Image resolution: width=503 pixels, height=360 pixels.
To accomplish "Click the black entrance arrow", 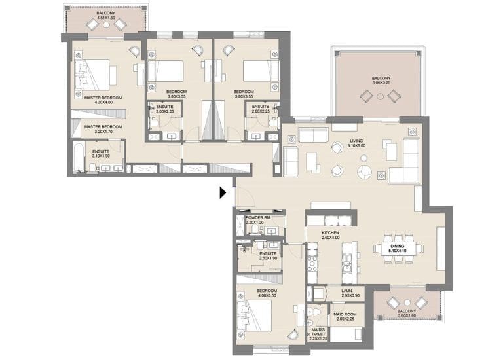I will tap(223, 192).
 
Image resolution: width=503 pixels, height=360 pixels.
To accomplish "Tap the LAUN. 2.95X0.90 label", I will tap(348, 293).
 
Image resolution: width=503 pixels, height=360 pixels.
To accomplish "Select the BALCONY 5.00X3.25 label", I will tap(381, 82).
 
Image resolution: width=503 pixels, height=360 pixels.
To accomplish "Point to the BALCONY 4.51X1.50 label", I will tap(107, 15).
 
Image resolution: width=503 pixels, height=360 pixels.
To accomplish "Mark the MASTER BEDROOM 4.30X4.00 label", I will tap(98, 100).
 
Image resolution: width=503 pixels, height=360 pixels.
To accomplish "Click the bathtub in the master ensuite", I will tap(79, 158).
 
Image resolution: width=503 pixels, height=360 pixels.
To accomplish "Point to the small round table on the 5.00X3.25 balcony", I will tap(381, 96).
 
